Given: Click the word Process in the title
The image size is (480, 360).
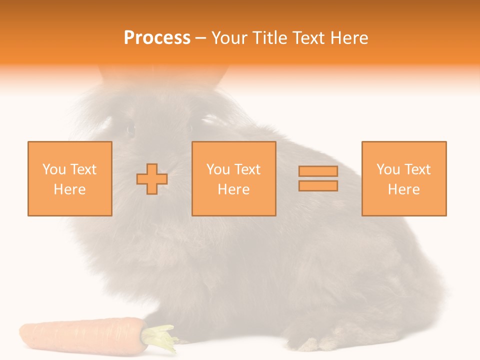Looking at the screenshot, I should pyautogui.click(x=157, y=38).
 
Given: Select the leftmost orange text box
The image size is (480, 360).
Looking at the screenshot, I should pyautogui.click(x=69, y=178).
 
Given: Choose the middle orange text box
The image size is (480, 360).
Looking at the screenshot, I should pyautogui.click(x=233, y=178).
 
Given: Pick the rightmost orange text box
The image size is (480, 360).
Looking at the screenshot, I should pyautogui.click(x=403, y=178).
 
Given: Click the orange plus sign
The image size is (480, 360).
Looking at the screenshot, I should pyautogui.click(x=152, y=179).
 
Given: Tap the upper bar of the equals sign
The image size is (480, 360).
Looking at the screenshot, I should pyautogui.click(x=318, y=171).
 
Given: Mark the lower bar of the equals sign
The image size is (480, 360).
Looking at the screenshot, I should pyautogui.click(x=318, y=186).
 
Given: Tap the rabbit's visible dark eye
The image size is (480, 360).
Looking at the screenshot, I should pyautogui.click(x=131, y=129).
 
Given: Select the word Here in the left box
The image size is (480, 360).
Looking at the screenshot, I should pyautogui.click(x=69, y=189).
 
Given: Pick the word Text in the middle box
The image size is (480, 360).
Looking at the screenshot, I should pyautogui.click(x=247, y=169).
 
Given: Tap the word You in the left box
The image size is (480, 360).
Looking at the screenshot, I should pyautogui.click(x=53, y=169).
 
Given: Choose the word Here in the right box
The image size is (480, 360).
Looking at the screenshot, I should pyautogui.click(x=403, y=189).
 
